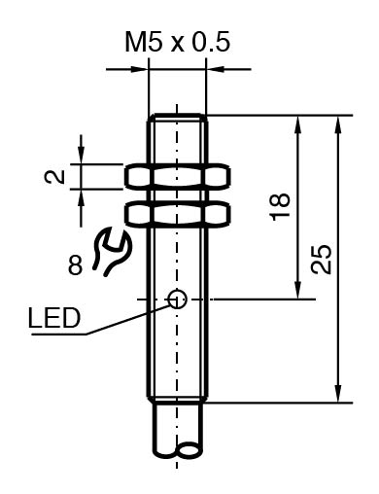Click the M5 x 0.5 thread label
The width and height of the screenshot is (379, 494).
point(177,42)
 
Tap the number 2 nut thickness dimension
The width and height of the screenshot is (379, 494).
point(54,177)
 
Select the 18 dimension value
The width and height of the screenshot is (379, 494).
point(280,207)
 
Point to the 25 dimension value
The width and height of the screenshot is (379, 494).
point(321,260)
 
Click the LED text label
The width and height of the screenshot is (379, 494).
point(54,318)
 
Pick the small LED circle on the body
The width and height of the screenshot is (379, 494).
point(178,299)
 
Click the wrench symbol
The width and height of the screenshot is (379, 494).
point(112,252)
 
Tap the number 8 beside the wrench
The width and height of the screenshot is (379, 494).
point(75,265)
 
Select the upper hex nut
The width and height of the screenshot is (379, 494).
point(178,177)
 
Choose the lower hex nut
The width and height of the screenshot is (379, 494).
point(178,213)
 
